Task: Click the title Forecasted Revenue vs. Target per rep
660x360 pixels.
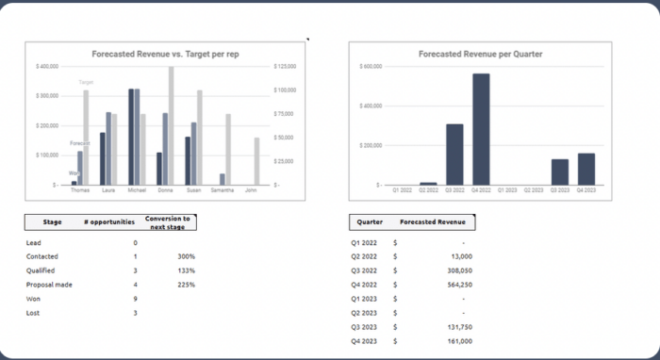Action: [165, 54]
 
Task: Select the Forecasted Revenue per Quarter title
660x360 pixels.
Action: [481, 54]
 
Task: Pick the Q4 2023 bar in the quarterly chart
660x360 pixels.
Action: [586, 169]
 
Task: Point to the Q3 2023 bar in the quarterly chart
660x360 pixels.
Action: [560, 172]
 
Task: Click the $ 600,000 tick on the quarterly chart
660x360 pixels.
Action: [371, 67]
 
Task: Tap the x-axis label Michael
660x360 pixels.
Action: [137, 190]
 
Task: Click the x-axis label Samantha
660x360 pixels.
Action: [223, 190]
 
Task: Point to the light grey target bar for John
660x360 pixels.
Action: [256, 161]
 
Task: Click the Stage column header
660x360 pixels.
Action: [53, 222]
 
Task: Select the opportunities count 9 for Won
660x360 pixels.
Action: [135, 298]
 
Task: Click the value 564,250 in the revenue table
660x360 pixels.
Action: [454, 284]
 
